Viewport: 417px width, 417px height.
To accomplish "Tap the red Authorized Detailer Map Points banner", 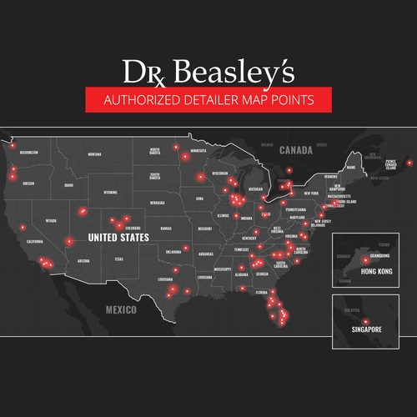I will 208,101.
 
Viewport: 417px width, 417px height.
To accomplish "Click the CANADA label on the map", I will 296,150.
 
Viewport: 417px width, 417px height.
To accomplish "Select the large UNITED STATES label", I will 118,238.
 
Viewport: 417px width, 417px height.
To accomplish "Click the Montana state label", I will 94,154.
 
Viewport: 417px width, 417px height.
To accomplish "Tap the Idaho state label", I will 69,185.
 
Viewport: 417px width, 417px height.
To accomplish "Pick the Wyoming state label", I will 110,192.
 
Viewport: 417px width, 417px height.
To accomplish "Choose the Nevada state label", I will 51,220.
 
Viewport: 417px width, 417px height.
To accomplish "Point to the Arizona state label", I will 83,261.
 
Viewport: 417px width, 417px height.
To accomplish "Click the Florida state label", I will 261,293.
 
